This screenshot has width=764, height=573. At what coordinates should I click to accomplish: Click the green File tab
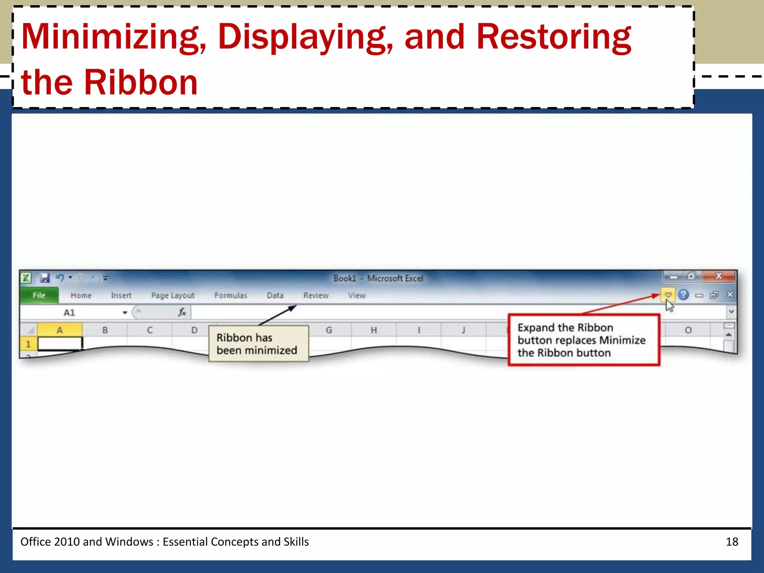39,295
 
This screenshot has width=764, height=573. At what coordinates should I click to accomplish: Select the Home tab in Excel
81,295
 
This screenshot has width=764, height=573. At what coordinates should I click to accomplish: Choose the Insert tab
121,295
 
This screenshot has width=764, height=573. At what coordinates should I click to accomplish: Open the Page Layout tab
173,295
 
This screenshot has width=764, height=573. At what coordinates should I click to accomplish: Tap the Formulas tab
231,295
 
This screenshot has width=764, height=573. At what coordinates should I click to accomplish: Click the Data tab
275,295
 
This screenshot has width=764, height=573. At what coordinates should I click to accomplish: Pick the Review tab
316,295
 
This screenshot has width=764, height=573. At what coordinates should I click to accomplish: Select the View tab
357,295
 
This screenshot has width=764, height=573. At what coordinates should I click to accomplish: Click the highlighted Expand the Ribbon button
668,295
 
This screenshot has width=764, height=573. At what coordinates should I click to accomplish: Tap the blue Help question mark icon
683,295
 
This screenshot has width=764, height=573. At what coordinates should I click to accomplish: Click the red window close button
718,276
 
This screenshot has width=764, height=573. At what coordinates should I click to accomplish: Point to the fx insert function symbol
182,312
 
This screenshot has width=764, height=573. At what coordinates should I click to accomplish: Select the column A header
60,330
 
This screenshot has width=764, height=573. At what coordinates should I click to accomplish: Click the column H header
373,330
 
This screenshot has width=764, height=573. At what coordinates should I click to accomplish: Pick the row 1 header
28,344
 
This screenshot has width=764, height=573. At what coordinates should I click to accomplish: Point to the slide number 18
732,542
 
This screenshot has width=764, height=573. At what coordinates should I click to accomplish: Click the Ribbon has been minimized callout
258,344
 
